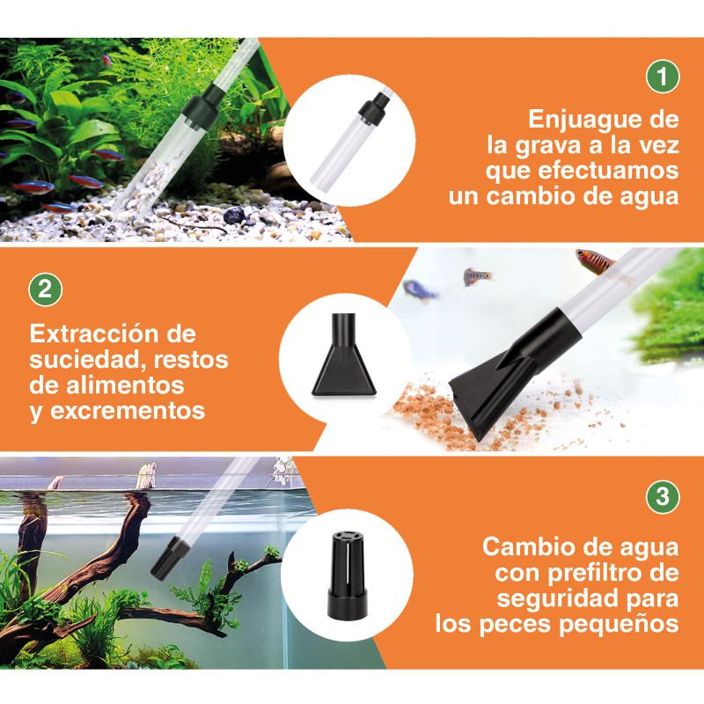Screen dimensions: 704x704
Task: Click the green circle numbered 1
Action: [663, 77]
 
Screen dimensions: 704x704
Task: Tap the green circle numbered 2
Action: [46, 290]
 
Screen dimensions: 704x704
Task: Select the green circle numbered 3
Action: [663, 496]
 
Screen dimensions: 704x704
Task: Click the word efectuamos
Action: [608, 171]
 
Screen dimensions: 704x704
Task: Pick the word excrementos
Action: [128, 411]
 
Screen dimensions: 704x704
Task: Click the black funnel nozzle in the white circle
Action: [343, 355]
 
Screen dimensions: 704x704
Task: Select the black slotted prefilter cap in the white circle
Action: [347, 576]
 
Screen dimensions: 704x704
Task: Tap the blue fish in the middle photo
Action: [419, 290]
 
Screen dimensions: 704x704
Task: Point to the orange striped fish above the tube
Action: [595, 261]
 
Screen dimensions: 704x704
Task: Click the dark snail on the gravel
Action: [234, 216]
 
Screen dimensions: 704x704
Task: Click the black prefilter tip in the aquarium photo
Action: [170, 558]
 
